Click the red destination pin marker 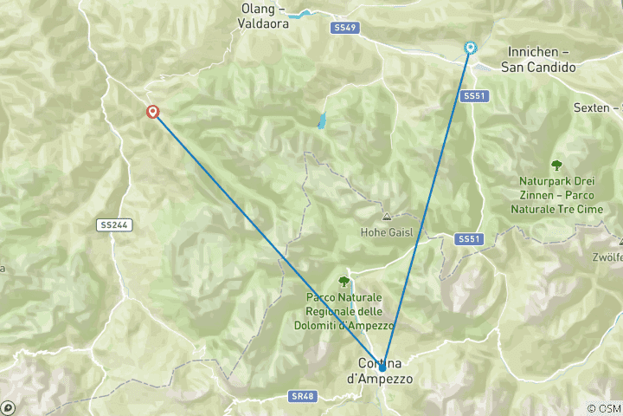click(x=153, y=111)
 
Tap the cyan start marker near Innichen click(x=470, y=48)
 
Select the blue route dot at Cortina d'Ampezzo click(x=382, y=367)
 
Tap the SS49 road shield click(x=344, y=28)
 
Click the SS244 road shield click(x=114, y=224)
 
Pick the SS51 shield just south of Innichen click(x=472, y=96)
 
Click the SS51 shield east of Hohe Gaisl click(x=467, y=238)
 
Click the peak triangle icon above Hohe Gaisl click(x=386, y=217)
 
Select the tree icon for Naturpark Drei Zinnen click(x=556, y=165)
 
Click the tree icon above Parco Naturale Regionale click(x=344, y=281)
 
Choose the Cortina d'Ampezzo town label click(x=381, y=371)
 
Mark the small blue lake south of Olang click(x=323, y=121)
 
